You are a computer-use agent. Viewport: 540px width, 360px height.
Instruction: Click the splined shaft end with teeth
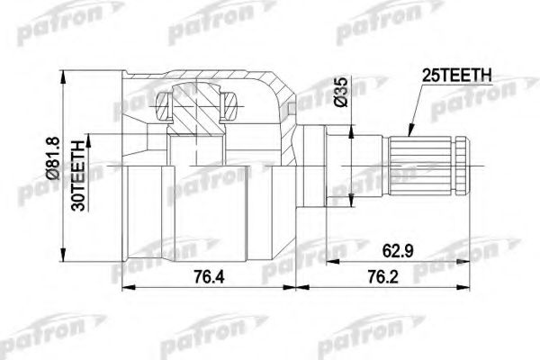(x=422, y=165)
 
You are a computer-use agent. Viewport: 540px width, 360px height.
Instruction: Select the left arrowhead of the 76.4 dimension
(x=125, y=288)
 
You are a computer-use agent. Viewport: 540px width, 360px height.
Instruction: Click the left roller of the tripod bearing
(x=163, y=109)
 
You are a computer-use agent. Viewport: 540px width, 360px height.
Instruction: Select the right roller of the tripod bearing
(x=230, y=109)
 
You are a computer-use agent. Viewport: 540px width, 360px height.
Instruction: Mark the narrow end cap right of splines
(x=462, y=165)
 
